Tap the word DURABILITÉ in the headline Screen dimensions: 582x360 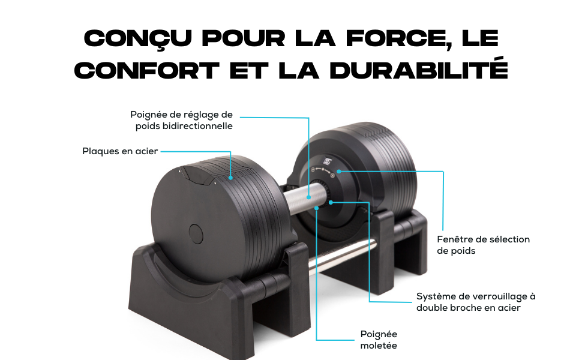419,70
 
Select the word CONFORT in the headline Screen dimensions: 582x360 146,71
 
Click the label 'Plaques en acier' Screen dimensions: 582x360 120,151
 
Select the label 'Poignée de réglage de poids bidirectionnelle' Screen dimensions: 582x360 182,120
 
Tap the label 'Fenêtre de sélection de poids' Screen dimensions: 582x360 483,245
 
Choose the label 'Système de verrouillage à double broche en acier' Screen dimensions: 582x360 476,302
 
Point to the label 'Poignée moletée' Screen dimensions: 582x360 379,340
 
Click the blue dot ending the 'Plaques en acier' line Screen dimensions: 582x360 230,178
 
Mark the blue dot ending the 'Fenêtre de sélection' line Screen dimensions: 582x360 339,171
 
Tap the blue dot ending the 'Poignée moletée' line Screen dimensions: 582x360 317,208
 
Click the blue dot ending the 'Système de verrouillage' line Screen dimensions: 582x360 331,202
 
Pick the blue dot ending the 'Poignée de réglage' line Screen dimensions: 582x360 309,197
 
